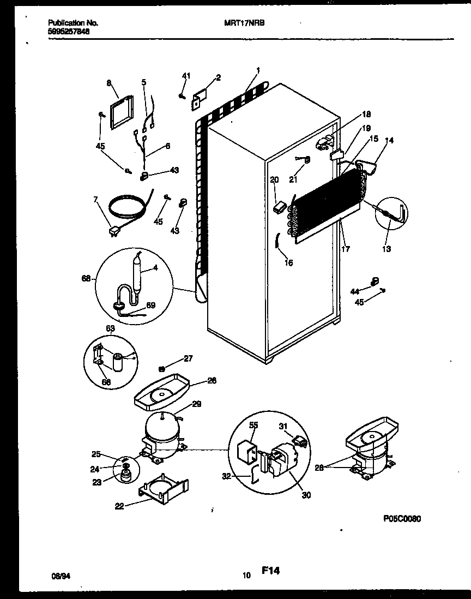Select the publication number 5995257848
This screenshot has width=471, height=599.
[69, 32]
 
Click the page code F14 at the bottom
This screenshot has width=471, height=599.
[270, 571]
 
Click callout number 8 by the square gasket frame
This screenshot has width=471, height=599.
[108, 83]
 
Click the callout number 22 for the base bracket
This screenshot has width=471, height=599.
[119, 506]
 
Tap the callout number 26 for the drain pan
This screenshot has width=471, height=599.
[212, 380]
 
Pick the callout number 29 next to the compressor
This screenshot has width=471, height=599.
[197, 404]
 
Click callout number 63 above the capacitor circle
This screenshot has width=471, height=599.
[110, 328]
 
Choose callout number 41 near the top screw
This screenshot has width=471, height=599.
[186, 75]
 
